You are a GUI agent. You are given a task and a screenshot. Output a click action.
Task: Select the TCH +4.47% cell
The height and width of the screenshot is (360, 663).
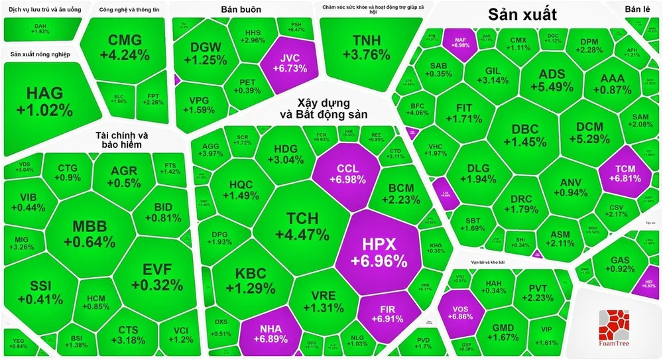[x=302, y=226]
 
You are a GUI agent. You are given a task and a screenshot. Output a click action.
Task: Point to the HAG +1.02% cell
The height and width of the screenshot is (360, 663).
[x=44, y=101]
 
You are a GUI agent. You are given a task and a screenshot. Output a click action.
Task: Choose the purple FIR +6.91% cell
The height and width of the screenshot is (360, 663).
[x=388, y=314]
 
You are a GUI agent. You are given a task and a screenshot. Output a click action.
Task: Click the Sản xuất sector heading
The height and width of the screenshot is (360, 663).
[x=522, y=15]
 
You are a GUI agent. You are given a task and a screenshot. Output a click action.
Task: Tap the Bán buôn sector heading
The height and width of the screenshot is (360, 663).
[x=241, y=10]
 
